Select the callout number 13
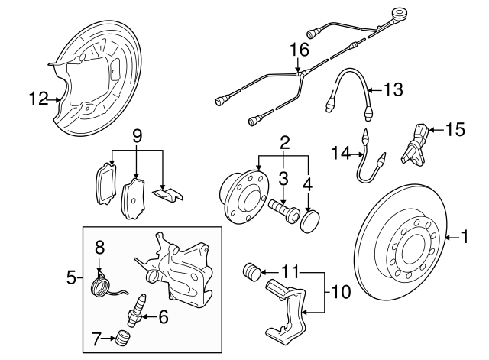tap(391, 90)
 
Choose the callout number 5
tap(71, 277)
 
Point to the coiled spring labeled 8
tap(100, 285)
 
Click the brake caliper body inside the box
tap(183, 268)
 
